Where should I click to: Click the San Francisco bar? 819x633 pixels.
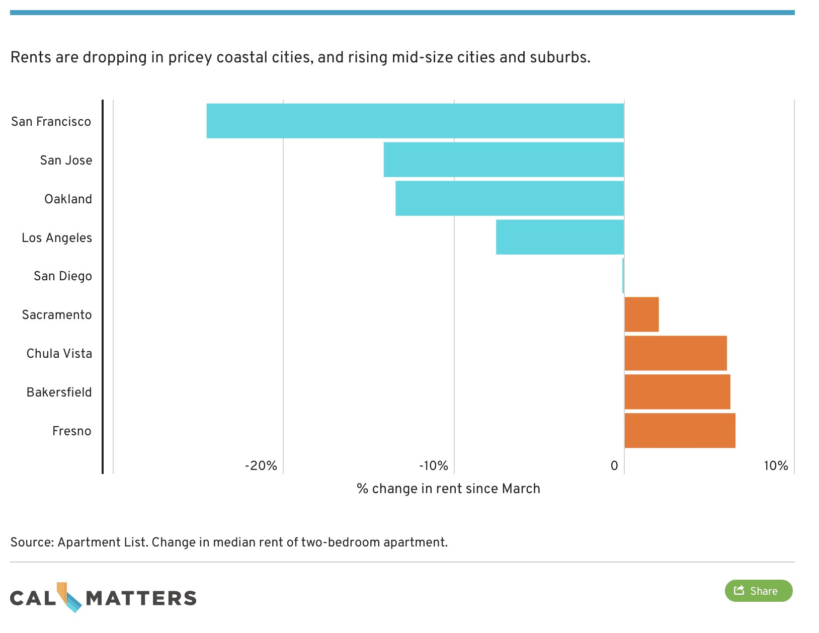pyautogui.click(x=415, y=121)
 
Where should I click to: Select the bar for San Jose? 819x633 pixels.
pyautogui.click(x=504, y=160)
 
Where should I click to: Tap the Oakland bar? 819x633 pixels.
pyautogui.click(x=510, y=198)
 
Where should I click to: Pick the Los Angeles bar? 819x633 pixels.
pyautogui.click(x=560, y=237)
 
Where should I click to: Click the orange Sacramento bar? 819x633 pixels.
pyautogui.click(x=641, y=314)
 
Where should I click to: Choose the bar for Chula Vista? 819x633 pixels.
pyautogui.click(x=676, y=353)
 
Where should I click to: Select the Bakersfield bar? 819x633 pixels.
pyautogui.click(x=677, y=392)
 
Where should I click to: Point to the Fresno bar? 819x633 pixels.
pyautogui.click(x=680, y=431)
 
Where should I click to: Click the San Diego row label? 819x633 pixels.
pyautogui.click(x=63, y=276)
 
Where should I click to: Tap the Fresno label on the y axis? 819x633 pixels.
pyautogui.click(x=72, y=431)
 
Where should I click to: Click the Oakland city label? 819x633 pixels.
pyautogui.click(x=68, y=199)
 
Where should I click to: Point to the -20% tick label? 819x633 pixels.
pyautogui.click(x=261, y=466)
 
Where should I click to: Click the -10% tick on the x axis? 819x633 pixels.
pyautogui.click(x=433, y=466)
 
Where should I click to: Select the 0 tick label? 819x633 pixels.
pyautogui.click(x=614, y=466)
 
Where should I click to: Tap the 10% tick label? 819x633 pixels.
pyautogui.click(x=776, y=466)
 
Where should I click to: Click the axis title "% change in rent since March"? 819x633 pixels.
pyautogui.click(x=448, y=489)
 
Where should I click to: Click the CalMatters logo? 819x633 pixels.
pyautogui.click(x=103, y=598)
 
